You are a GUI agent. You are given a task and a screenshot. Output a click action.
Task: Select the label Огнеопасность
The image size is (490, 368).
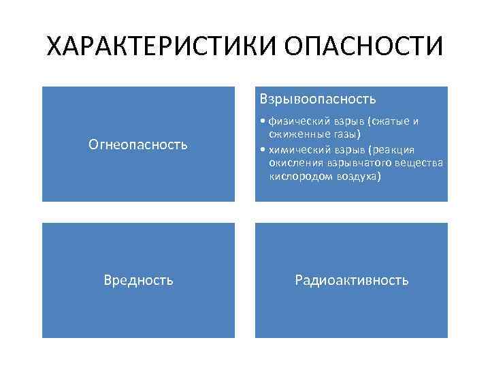point(138,144)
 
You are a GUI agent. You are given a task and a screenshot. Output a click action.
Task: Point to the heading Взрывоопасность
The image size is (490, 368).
point(316,99)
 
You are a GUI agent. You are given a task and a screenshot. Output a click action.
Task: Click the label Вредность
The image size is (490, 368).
point(138,279)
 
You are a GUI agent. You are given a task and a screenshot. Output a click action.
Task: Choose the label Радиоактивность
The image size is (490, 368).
point(351,279)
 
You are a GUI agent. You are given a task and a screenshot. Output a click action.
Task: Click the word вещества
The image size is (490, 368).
point(420,163)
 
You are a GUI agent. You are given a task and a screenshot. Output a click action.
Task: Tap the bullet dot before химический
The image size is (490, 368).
point(263,150)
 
